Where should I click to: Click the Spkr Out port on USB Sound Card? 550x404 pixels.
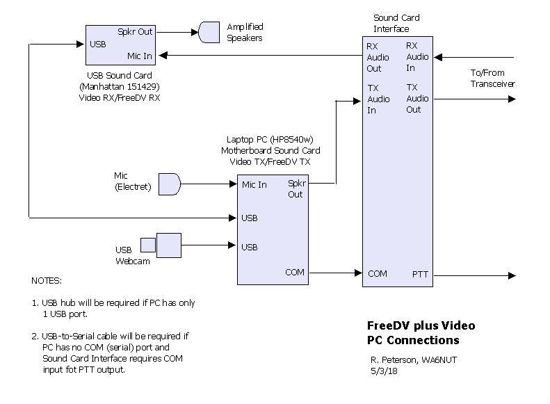[135, 31]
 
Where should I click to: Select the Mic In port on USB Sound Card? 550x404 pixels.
[140, 56]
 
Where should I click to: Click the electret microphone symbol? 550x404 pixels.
[170, 184]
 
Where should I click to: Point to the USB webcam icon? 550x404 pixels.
[161, 245]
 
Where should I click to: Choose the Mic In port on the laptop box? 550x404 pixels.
[254, 184]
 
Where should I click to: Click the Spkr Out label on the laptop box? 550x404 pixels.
[296, 189]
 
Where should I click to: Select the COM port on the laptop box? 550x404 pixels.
[295, 273]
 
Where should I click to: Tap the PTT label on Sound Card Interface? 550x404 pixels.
[421, 275]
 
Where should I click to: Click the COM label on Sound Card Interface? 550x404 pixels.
[378, 274]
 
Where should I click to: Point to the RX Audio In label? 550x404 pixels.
[417, 57]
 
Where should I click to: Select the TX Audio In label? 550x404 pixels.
[378, 99]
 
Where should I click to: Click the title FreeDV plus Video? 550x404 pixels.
[421, 325]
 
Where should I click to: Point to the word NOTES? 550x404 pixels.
[47, 281]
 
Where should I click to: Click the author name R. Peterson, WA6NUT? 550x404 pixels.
[413, 359]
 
